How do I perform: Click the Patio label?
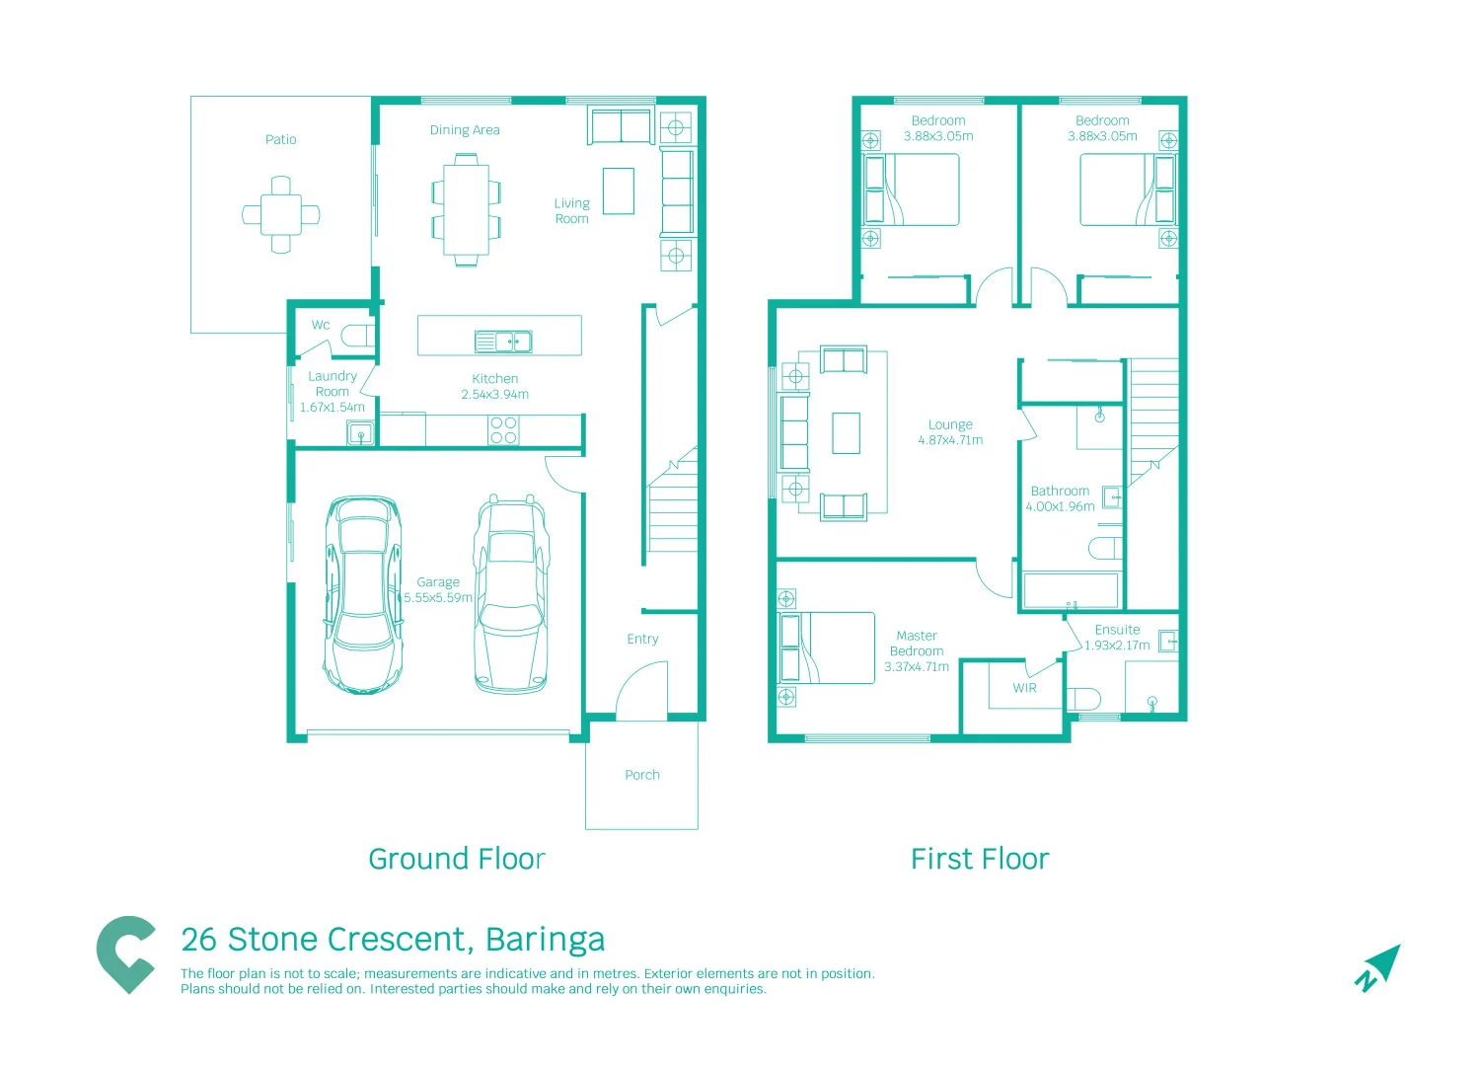pyautogui.click(x=281, y=140)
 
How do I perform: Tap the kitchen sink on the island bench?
pyautogui.click(x=503, y=342)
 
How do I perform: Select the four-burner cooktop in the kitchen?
pyautogui.click(x=503, y=430)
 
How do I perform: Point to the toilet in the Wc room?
pyautogui.click(x=358, y=336)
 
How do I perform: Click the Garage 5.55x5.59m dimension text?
pyautogui.click(x=438, y=597)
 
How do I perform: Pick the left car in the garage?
pyautogui.click(x=363, y=594)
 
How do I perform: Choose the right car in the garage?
pyautogui.click(x=511, y=594)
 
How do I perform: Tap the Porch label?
pyautogui.click(x=642, y=775)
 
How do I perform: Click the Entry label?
pyautogui.click(x=642, y=640)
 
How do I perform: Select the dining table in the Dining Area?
pyautogui.click(x=467, y=209)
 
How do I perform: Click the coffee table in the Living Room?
pyautogui.click(x=619, y=190)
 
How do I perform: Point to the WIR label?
pyautogui.click(x=1024, y=688)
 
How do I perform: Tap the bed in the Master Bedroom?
pyautogui.click(x=826, y=647)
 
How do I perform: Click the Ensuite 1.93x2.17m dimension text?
pyautogui.click(x=1117, y=646)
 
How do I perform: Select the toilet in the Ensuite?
pyautogui.click(x=1083, y=699)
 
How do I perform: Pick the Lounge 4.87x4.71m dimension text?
pyautogui.click(x=951, y=440)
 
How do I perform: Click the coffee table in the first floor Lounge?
pyautogui.click(x=846, y=433)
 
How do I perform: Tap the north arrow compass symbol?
pyautogui.click(x=1377, y=968)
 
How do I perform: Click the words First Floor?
pyautogui.click(x=980, y=860)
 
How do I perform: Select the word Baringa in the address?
pyautogui.click(x=546, y=941)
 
